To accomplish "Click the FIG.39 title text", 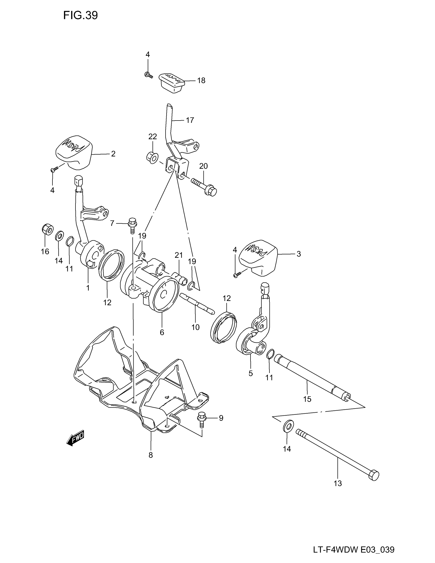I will (80, 16).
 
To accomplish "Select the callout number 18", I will (201, 81).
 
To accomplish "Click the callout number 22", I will (153, 136).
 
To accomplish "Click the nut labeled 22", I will (152, 157).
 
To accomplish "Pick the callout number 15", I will (307, 399).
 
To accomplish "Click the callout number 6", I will (162, 332).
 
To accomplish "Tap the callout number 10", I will (195, 327).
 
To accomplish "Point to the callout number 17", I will (190, 120).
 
